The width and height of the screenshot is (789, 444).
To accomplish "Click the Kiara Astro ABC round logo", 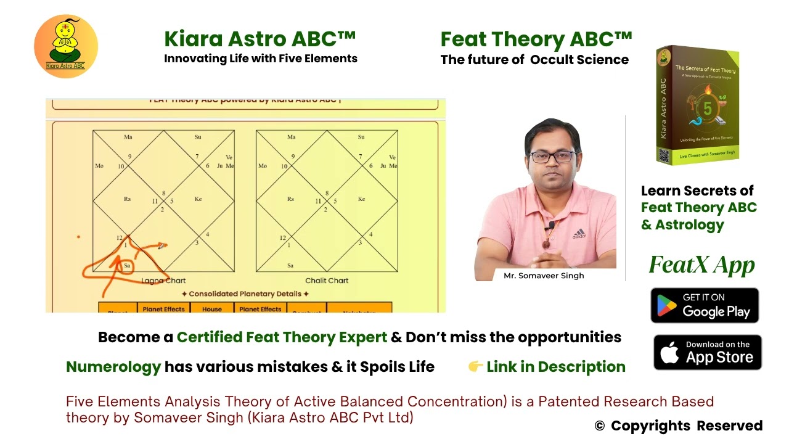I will pos(66,46).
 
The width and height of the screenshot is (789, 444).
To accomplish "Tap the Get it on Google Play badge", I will pos(705,305).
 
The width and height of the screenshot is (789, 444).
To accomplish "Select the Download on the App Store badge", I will pos(707,352).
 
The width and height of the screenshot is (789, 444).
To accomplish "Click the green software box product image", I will pos(698,105).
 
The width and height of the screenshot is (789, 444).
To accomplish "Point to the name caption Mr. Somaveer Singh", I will pos(544,276).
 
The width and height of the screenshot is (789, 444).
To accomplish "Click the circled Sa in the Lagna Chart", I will pos(127,266).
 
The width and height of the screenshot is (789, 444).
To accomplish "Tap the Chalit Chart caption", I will pos(327,281).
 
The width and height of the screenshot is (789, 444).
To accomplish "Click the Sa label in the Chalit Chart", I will pos(290,266).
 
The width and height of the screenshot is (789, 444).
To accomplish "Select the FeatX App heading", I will pos(701,265).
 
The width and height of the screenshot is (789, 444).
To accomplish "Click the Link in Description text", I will pos(555,367).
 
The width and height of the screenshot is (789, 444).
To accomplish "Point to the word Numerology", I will pos(113,367).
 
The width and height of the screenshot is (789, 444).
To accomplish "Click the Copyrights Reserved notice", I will pos(678,426).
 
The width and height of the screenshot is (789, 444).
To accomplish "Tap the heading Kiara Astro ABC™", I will pos(260,39).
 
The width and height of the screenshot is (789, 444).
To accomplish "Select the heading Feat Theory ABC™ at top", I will pos(536,39).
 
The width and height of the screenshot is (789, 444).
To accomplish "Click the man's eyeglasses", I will pos(552,157).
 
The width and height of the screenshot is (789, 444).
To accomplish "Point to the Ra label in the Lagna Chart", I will pos(127,199).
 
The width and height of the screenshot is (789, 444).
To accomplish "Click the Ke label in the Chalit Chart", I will pos(361,199).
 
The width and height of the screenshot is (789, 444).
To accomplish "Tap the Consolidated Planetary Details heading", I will pos(245,294).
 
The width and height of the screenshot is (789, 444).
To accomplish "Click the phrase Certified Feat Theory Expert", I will pos(282,337).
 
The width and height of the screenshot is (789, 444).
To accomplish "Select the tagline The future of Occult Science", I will pos(534,60).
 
